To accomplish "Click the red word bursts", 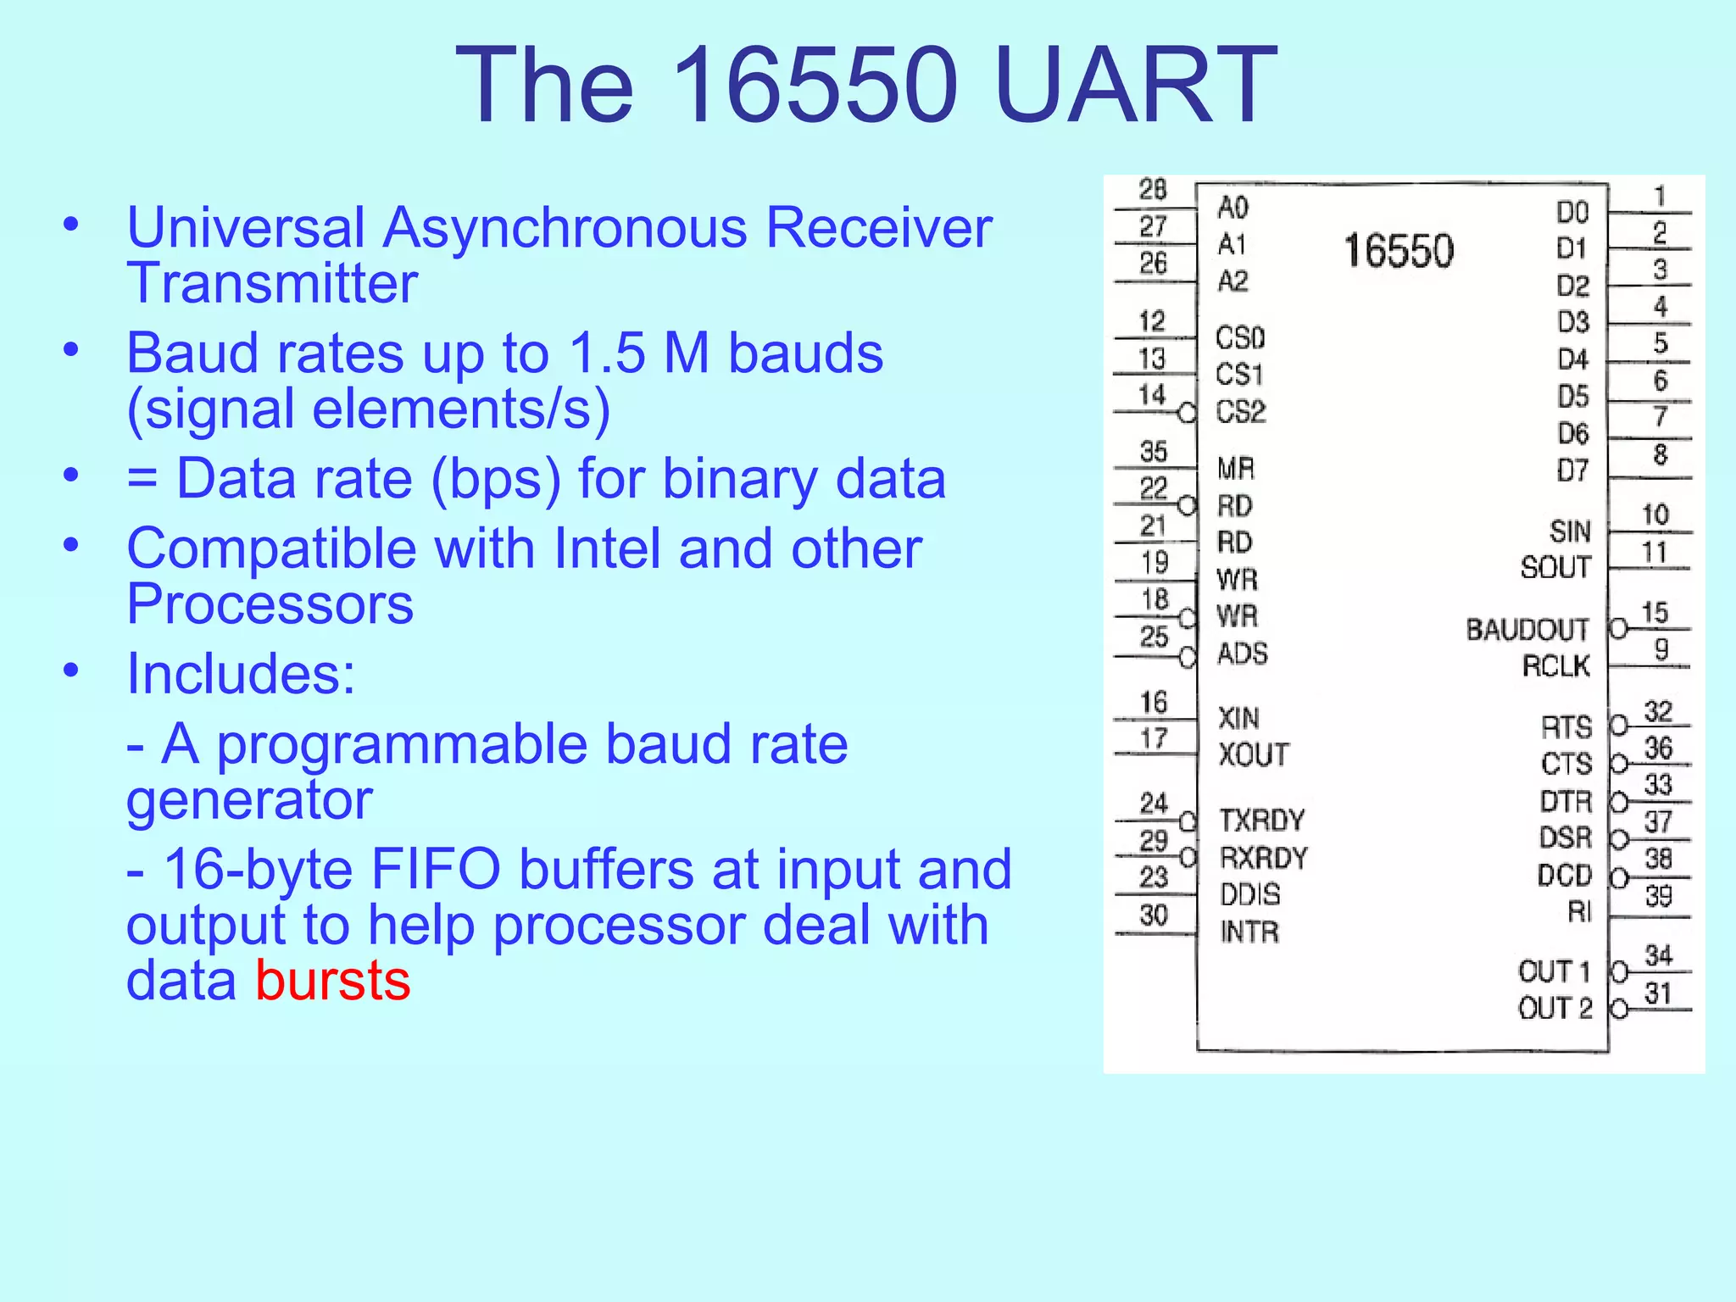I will (332, 981).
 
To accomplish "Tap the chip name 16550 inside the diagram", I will (1399, 251).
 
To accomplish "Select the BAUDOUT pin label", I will (1527, 630).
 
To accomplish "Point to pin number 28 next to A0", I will (1153, 189).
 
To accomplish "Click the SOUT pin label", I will (1555, 567).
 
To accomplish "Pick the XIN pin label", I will (1238, 718).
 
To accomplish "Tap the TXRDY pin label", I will (1261, 820).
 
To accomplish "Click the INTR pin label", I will (1249, 932).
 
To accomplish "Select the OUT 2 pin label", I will (1555, 1008).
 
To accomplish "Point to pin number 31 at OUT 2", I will (1658, 993).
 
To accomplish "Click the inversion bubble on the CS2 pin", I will (1188, 413).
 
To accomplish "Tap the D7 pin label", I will (1572, 470).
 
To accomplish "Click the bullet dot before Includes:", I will (71, 671).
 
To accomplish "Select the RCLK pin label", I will (1555, 666).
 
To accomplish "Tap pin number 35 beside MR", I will (1154, 451).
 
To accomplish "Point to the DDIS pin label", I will (1249, 894).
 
